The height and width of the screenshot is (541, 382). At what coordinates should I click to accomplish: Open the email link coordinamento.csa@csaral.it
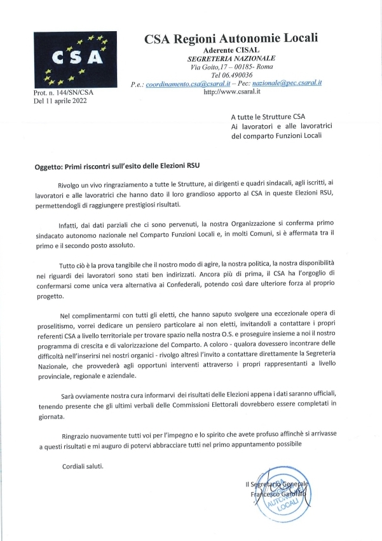click(x=189, y=83)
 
